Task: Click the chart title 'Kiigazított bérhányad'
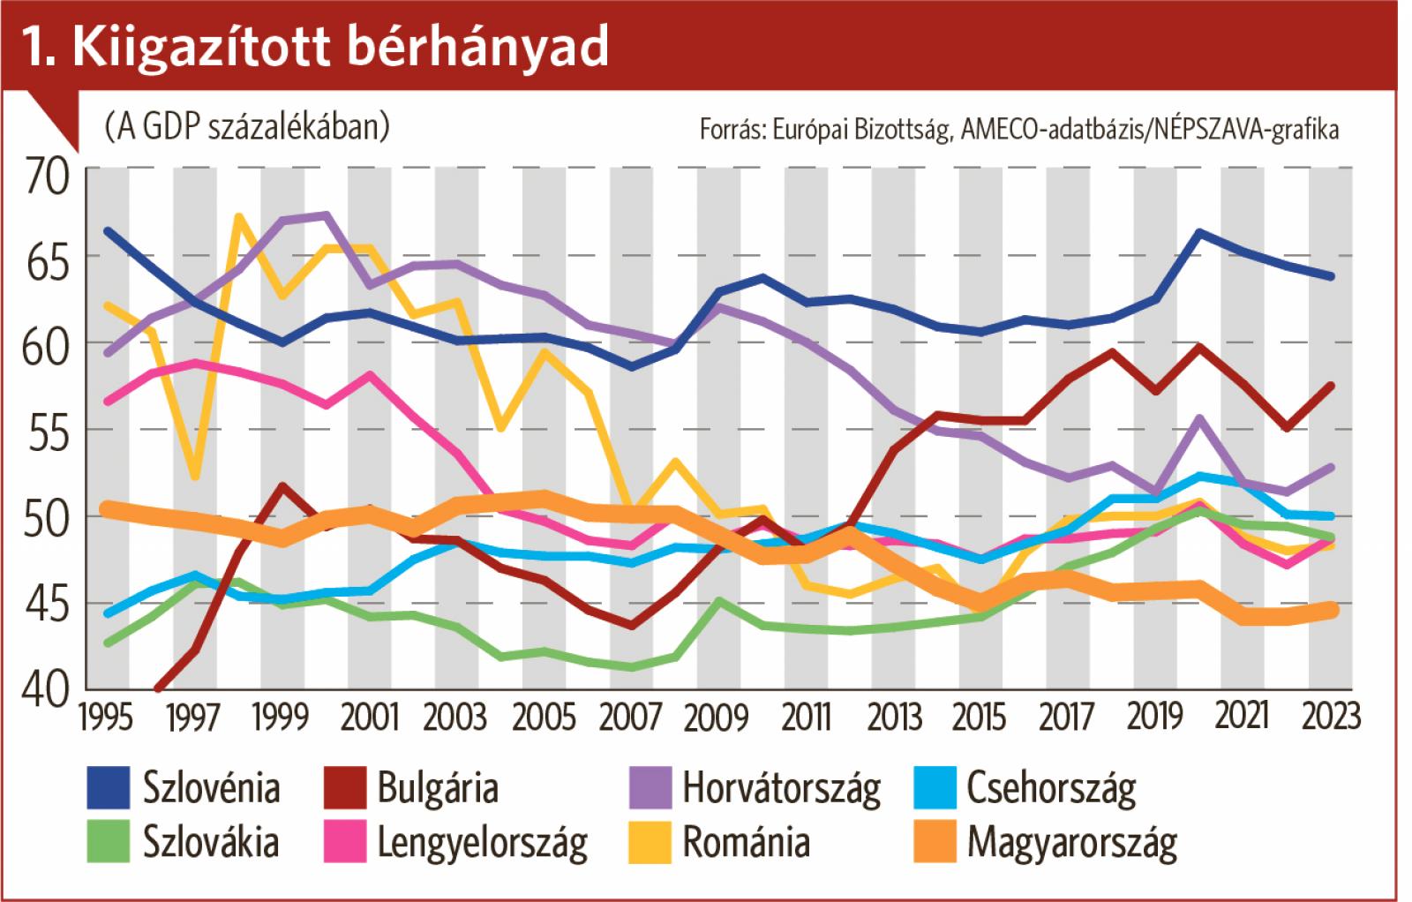[x=340, y=47]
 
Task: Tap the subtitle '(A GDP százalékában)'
[x=246, y=127]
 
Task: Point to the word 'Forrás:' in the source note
[x=731, y=130]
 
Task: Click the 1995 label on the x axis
[x=106, y=717]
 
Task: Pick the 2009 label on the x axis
[x=716, y=717]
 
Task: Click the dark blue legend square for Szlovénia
[x=107, y=787]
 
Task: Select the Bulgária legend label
[x=438, y=787]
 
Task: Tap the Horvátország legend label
[x=781, y=788]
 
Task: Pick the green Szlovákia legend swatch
[x=107, y=841]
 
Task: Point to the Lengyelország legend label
[x=482, y=842]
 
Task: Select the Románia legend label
[x=746, y=841]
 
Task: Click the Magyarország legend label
[x=1071, y=842]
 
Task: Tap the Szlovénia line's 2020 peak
[x=1199, y=232]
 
